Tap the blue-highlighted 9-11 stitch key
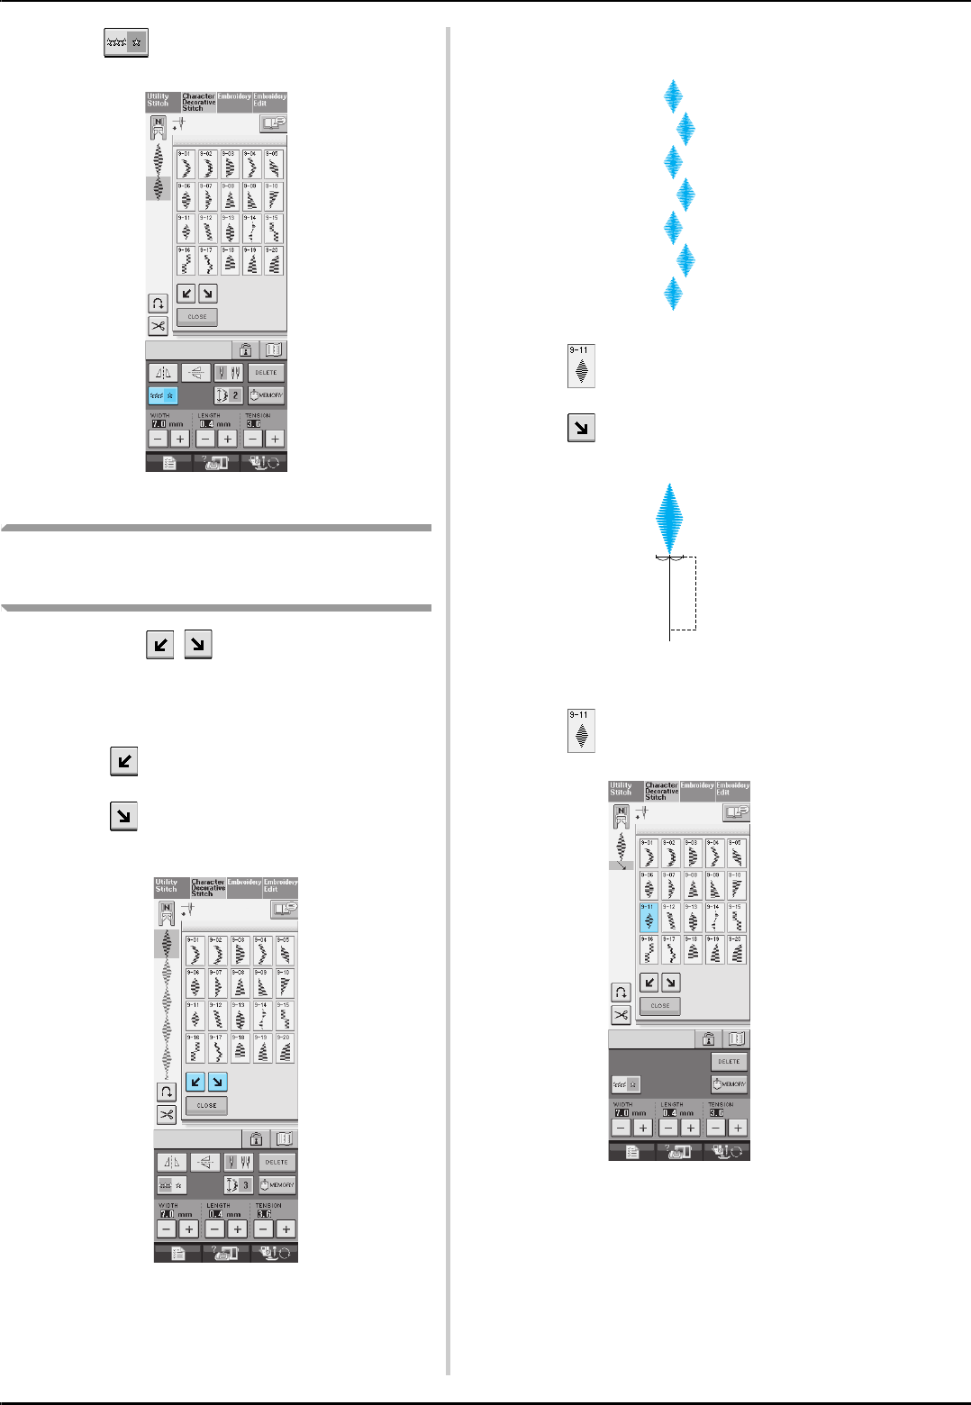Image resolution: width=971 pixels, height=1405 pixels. coord(649,918)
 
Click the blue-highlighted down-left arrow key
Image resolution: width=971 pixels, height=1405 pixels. coord(195,1082)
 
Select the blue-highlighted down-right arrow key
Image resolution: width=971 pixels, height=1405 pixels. coord(217,1082)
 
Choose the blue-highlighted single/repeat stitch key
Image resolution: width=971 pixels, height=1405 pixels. coord(163,395)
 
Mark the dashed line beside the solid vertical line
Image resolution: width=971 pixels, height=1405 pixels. coord(696,594)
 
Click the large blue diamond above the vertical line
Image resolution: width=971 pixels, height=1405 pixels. coord(669,518)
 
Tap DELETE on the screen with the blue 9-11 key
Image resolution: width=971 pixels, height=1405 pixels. coord(729,1062)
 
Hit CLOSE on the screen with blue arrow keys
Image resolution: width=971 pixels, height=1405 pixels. coord(206,1105)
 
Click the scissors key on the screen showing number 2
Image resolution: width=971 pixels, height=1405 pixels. coord(158,326)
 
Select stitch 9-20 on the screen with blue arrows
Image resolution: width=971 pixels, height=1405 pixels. coord(284,1048)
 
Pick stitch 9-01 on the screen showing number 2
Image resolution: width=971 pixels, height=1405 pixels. coord(185,165)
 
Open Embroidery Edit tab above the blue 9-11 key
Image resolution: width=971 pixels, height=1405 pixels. coord(732,790)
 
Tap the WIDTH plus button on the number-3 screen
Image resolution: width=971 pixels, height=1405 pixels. coord(189,1229)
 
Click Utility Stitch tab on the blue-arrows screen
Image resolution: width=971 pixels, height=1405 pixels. coord(167,886)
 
